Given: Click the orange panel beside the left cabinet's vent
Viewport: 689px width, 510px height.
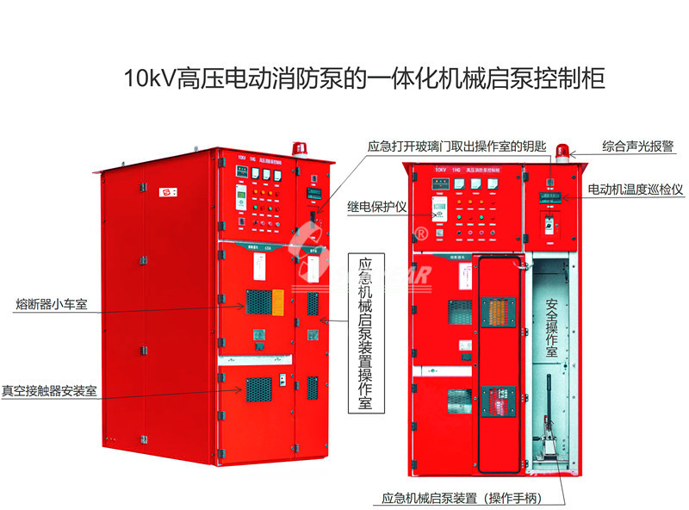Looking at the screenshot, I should click(x=277, y=301).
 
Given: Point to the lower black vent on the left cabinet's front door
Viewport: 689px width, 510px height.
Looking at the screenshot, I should click(x=258, y=389).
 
